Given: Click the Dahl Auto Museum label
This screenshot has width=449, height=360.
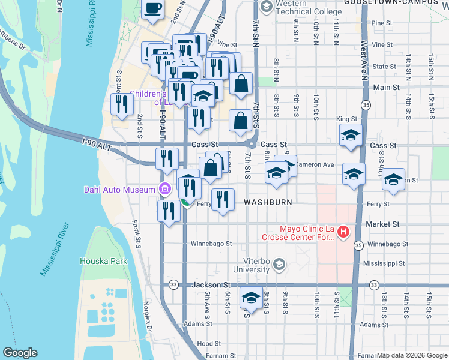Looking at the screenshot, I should [120, 190].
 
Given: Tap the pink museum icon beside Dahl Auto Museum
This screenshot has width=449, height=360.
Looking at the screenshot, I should [164, 190].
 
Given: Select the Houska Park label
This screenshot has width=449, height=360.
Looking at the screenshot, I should [104, 261].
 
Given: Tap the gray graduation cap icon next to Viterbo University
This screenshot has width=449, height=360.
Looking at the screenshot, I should [278, 264].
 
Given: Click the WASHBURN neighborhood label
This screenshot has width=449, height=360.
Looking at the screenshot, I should [268, 203].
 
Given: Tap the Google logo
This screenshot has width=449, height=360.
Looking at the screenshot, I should [20, 353].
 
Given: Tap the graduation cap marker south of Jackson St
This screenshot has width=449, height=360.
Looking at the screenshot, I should [251, 298].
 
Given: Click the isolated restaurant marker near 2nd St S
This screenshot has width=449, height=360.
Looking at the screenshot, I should [122, 104].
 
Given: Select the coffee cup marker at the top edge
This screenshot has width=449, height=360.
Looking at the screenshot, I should [152, 8].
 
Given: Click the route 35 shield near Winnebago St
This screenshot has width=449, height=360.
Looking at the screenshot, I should [358, 245].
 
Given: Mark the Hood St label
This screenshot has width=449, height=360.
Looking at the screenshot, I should [209, 344].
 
